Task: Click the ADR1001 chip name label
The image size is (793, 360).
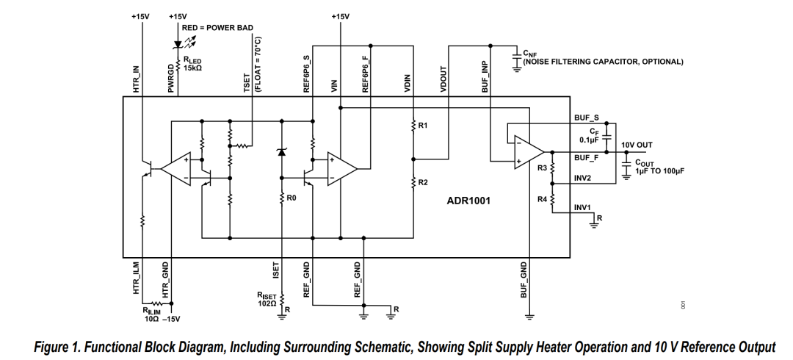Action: click(468, 201)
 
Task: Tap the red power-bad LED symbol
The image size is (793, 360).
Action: click(178, 44)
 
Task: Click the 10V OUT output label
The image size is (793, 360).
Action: click(637, 145)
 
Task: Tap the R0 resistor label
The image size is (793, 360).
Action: click(291, 198)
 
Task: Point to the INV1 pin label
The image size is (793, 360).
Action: click(582, 207)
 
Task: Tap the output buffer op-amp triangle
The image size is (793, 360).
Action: click(529, 151)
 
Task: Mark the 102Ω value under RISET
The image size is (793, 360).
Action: click(267, 303)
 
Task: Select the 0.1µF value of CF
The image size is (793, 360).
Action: click(589, 140)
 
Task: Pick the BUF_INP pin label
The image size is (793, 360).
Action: click(485, 79)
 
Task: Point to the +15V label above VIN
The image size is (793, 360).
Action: click(341, 17)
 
